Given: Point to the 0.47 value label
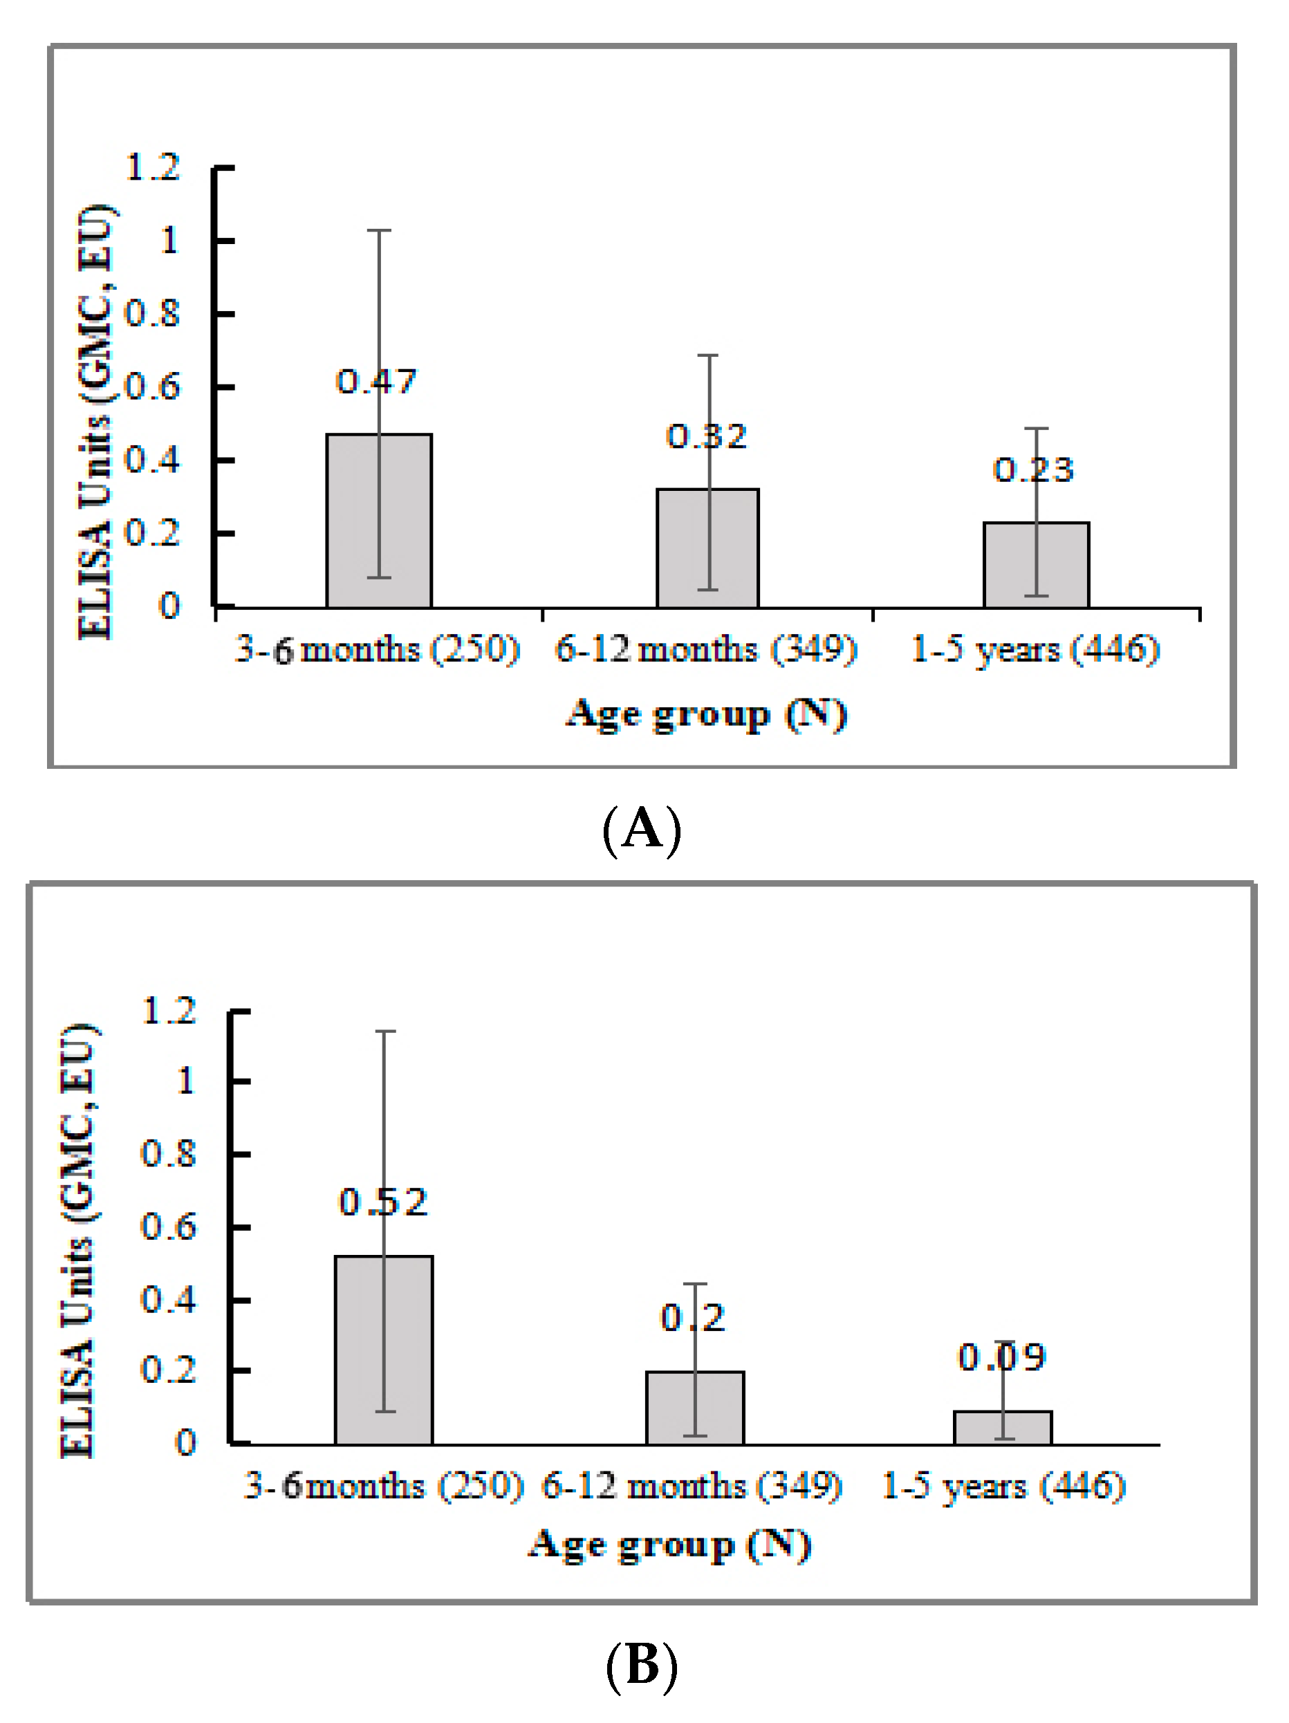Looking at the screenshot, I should point(376,382).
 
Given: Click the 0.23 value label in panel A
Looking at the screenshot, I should point(1034,469).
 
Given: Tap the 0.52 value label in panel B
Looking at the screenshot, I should point(383,1202).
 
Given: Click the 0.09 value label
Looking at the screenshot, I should point(1001,1358).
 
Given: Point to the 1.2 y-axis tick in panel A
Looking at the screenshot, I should point(153,167).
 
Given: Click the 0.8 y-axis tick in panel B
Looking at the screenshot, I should point(167,1153).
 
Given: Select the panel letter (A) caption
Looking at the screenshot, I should point(642,829).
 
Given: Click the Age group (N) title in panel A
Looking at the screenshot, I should point(705,714).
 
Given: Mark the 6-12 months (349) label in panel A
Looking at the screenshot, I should point(705,649).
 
